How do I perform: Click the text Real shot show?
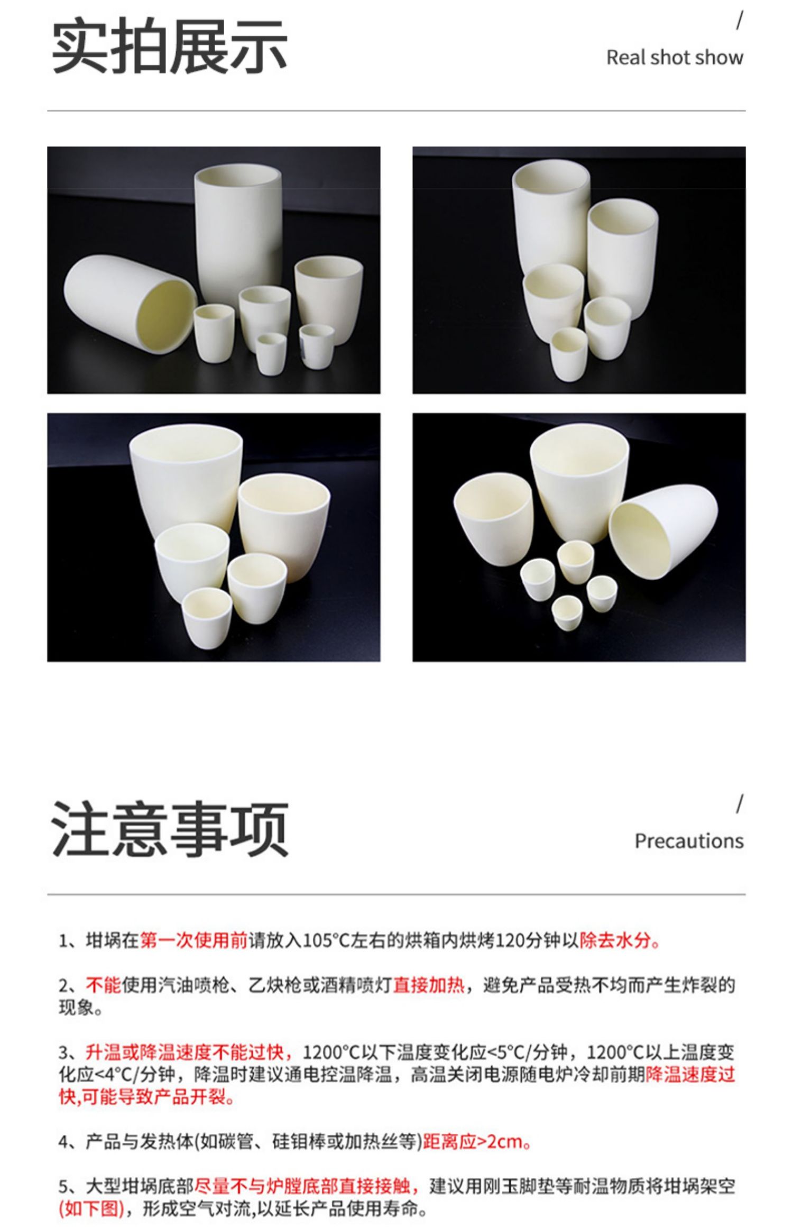(x=675, y=57)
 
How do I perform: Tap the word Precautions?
(x=689, y=841)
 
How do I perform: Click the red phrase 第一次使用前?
(x=193, y=941)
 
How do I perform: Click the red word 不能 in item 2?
(x=104, y=985)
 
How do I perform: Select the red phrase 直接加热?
(x=429, y=985)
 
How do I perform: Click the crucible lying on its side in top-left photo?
(x=130, y=304)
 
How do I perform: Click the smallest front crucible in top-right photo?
(x=569, y=353)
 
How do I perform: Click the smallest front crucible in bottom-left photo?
(x=207, y=617)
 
